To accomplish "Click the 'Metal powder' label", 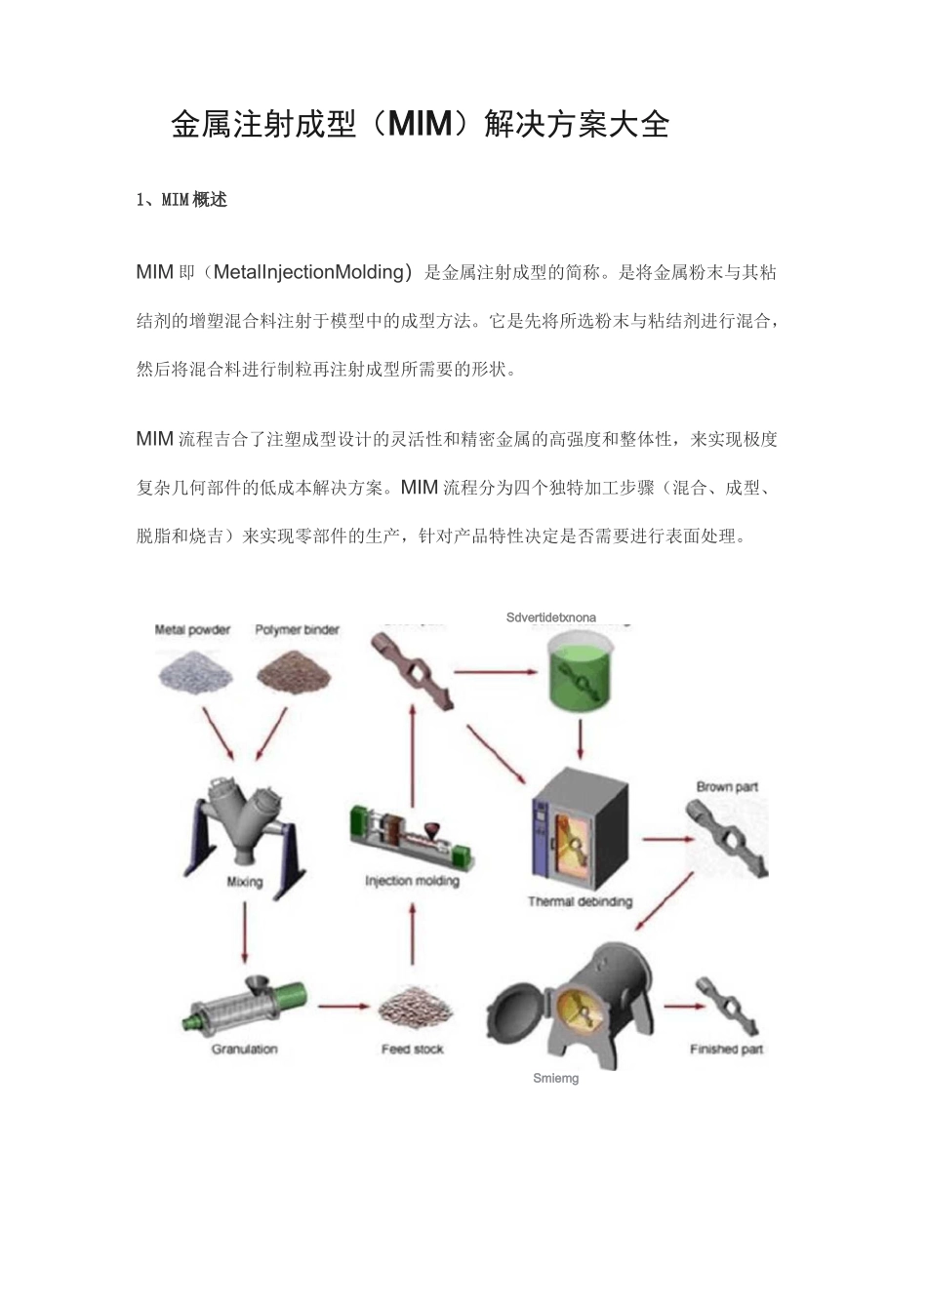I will coord(192,630).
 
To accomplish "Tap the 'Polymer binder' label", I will coord(297,630).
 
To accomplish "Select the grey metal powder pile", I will coord(195,670).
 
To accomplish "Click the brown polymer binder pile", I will coord(293,670).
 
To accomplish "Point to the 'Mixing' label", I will coord(244,882).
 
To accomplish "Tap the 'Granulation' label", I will coord(244,1050).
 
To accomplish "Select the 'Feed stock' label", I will coord(412,1050).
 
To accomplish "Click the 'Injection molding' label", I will coord(412,881).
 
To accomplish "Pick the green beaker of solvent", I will coord(581,674).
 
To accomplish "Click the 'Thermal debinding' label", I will coord(580,901).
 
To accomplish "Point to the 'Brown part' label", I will coord(727,786).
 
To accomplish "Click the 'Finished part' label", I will coord(726,1050).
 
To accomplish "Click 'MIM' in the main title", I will coord(420,125).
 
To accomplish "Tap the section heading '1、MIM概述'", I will coord(181,200).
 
